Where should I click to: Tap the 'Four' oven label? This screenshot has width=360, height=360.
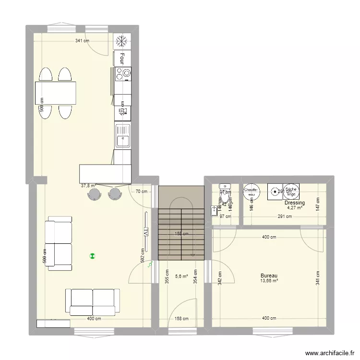click(x=122, y=58)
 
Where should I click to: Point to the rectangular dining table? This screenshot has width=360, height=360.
click(x=55, y=93)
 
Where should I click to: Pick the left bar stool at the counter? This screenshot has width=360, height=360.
click(x=94, y=193)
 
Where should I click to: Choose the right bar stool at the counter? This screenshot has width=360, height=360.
click(x=115, y=193)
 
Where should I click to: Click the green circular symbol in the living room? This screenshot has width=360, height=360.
click(x=92, y=256)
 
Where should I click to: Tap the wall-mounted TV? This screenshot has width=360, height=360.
click(x=144, y=232)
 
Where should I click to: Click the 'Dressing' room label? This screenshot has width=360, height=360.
click(x=294, y=203)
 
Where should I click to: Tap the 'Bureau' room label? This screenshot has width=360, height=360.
click(x=269, y=276)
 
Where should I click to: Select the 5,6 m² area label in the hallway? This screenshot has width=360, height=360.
click(x=181, y=276)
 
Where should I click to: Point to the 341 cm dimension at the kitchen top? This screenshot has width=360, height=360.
click(x=82, y=41)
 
